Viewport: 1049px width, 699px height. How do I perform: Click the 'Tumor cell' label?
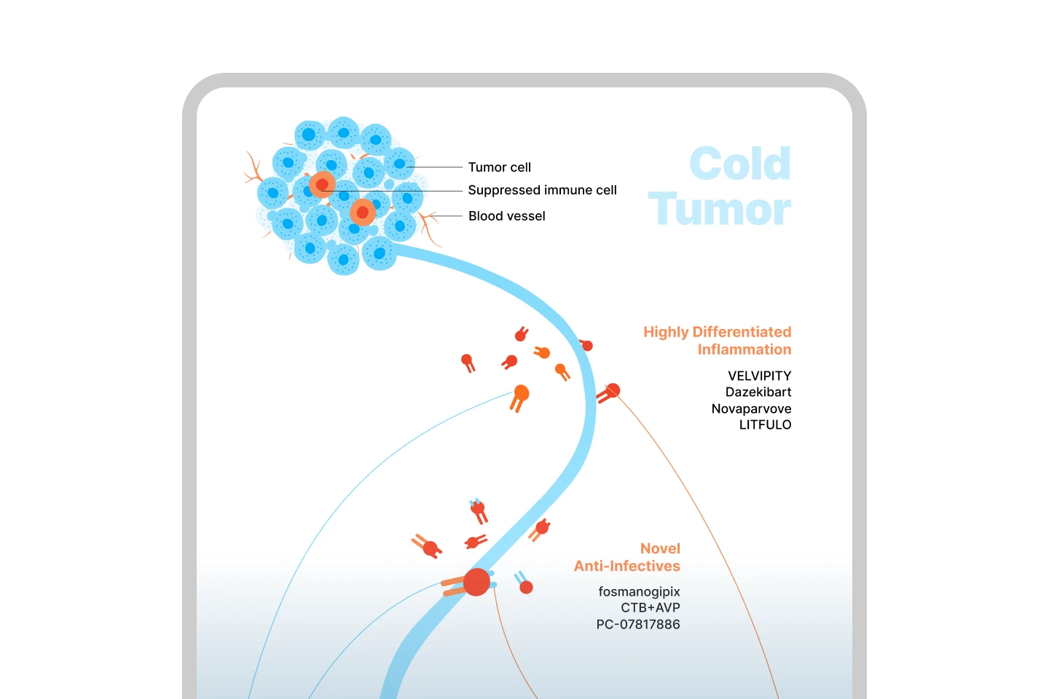(499, 167)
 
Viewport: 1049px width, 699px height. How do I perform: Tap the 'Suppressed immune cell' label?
(542, 190)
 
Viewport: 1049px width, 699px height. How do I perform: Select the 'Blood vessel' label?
(506, 216)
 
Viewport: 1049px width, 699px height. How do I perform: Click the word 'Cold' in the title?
(739, 164)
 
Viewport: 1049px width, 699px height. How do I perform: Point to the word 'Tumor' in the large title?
(719, 210)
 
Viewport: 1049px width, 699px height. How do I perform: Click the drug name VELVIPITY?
(759, 376)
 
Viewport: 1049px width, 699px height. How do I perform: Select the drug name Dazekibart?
(758, 392)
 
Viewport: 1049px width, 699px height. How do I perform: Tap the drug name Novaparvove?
(751, 408)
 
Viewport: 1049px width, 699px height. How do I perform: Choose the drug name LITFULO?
(765, 424)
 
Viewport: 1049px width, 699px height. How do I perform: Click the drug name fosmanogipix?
(639, 591)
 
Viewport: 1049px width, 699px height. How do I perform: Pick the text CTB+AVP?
(650, 607)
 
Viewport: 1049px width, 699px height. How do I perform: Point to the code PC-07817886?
(637, 624)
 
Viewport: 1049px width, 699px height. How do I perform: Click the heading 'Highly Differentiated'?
(717, 332)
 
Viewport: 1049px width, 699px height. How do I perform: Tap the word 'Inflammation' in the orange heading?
(744, 349)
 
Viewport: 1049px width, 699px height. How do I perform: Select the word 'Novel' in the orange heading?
(660, 548)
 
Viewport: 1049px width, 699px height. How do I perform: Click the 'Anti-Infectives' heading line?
(626, 566)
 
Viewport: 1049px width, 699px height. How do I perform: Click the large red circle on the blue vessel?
(476, 582)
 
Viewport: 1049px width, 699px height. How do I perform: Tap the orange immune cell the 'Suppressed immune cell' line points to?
(322, 185)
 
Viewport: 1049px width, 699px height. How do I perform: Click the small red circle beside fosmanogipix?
(526, 587)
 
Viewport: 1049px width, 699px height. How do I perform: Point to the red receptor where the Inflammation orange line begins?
(613, 391)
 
